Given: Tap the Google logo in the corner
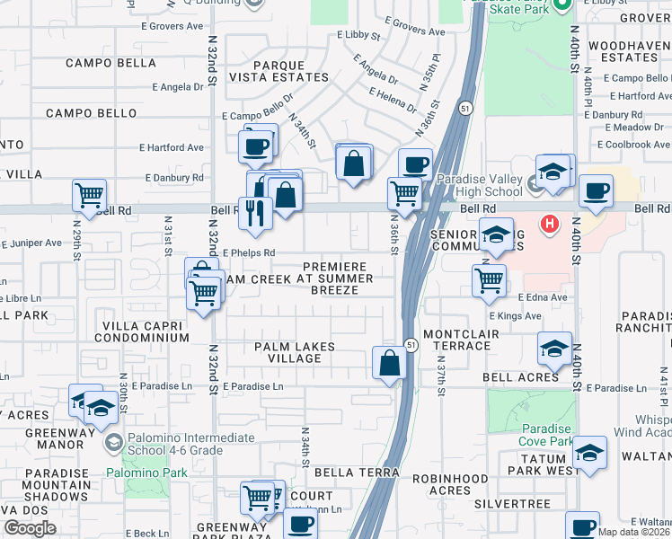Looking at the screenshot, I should coord(30,528).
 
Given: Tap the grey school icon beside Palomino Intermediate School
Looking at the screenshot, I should coord(113,442).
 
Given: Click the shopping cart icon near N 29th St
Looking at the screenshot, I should coord(89,194).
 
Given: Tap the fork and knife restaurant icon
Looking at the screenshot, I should coord(255,213).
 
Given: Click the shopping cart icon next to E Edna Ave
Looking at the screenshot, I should coord(489,279).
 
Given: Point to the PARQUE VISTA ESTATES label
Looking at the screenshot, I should coord(279,71).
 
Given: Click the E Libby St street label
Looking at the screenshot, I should coord(358,35).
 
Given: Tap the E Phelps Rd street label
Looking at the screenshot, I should coord(249,253).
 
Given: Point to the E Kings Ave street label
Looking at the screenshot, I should coord(516,316).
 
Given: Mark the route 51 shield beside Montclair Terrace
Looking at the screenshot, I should coord(410,345).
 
